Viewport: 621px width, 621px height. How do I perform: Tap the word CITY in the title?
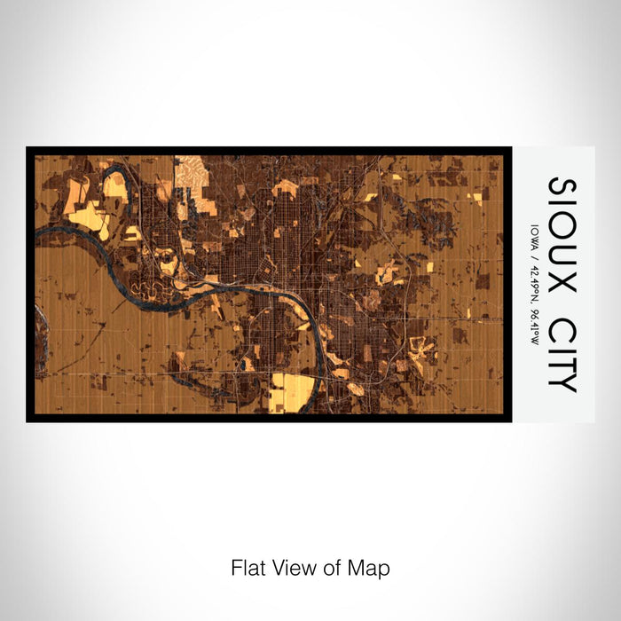pos(562,347)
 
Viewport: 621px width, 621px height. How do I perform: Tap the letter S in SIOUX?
pos(562,187)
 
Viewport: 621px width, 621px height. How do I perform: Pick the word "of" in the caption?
pos(334,567)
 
